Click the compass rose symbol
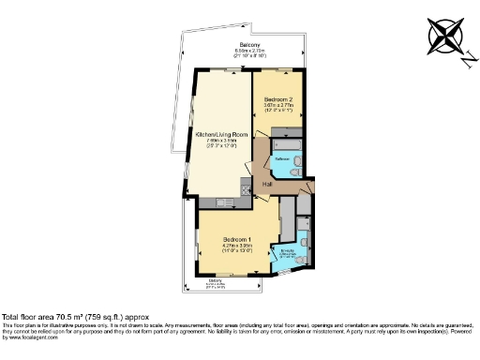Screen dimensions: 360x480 coord(444,37)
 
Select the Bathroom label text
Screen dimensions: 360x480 coord(282,160)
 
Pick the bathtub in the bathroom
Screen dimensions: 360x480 coord(284,145)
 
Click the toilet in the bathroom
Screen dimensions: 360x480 coord(295,163)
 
